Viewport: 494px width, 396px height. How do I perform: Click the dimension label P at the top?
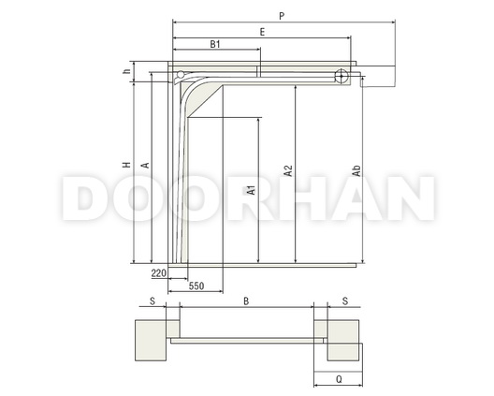coord(282,16)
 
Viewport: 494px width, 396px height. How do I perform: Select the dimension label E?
coord(262,32)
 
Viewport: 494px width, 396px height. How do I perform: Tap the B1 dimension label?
coord(215,44)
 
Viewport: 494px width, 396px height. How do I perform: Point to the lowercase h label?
coord(127,71)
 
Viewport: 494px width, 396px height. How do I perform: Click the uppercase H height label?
coord(126,165)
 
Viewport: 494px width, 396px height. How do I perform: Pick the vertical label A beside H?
coord(146,165)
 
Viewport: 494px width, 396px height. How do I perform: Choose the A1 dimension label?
coord(252,190)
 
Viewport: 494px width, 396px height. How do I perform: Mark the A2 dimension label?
coord(288,171)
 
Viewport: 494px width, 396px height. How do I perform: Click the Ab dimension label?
coord(356,170)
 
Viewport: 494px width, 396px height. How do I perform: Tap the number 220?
coord(159,273)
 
